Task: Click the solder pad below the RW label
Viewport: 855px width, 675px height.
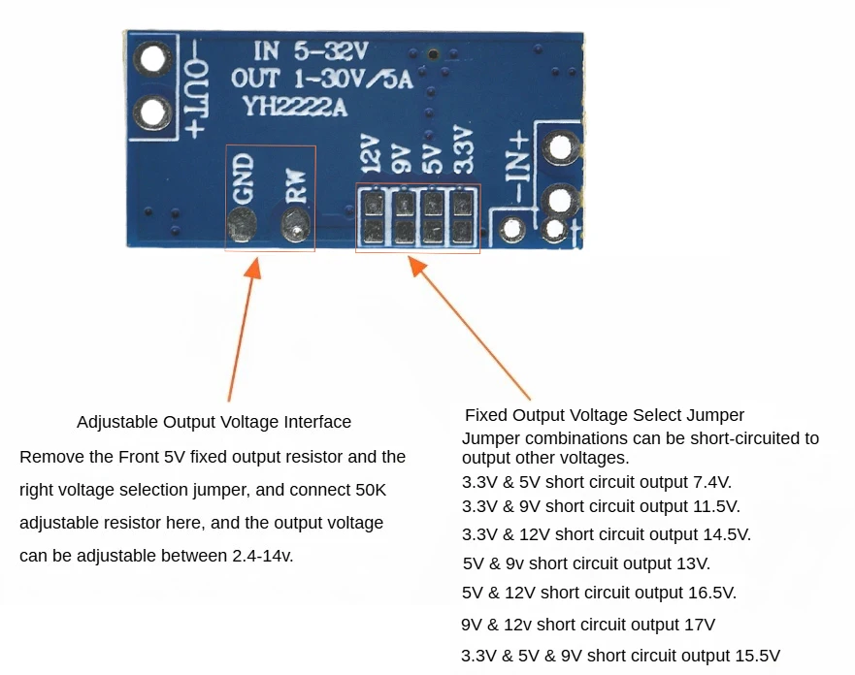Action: pyautogui.click(x=295, y=228)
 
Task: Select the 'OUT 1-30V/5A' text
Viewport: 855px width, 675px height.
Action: pyautogui.click(x=321, y=80)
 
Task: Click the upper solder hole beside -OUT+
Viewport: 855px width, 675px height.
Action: pyautogui.click(x=153, y=60)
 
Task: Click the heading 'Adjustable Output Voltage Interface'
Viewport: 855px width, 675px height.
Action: pyautogui.click(x=214, y=422)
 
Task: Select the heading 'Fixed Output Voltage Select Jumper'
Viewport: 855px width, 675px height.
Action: pyautogui.click(x=605, y=415)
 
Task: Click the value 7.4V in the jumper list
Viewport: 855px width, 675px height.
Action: pyautogui.click(x=711, y=481)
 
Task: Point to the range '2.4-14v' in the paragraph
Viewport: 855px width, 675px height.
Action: pyautogui.click(x=262, y=556)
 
